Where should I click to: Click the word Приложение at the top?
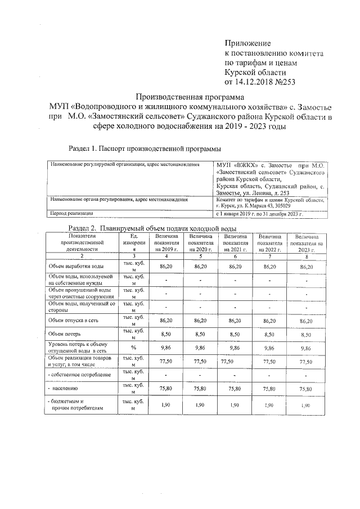pos(248,43)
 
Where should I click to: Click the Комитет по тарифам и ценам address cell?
pos(270,202)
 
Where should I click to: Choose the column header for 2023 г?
pos(307,243)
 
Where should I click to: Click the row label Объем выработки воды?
pos(75,266)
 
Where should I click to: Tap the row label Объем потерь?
pos(62,334)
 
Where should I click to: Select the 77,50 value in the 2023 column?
pos(307,362)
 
